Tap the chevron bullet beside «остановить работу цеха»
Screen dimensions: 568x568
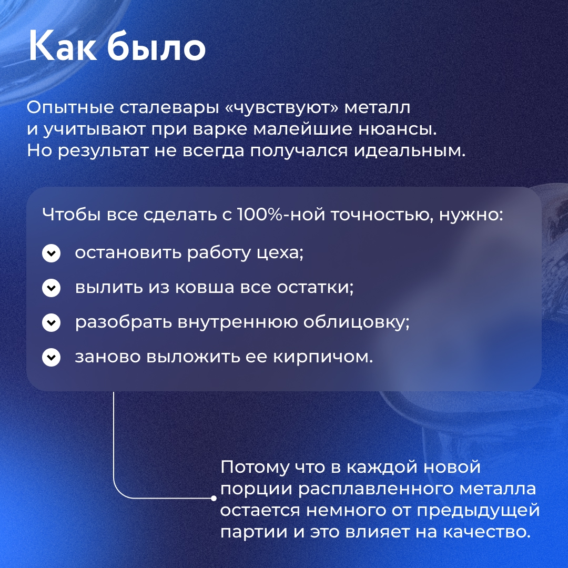(x=51, y=253)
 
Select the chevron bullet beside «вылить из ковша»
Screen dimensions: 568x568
(x=51, y=288)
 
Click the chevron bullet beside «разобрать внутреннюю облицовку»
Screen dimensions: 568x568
(x=51, y=323)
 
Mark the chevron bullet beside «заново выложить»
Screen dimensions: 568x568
(x=51, y=358)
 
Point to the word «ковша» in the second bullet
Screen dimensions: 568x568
(x=203, y=288)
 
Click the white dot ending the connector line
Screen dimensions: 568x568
(x=214, y=498)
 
